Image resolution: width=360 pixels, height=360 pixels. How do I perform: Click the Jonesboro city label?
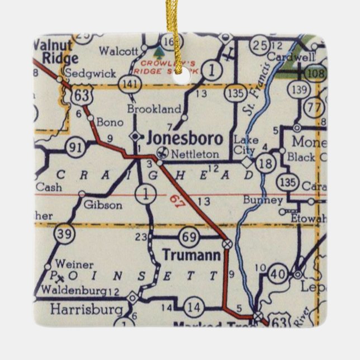184,138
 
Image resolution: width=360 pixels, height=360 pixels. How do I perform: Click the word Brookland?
154,109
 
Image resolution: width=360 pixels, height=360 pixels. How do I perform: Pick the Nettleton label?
187,152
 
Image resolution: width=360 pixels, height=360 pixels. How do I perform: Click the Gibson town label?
103,205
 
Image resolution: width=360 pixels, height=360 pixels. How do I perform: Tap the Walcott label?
118,51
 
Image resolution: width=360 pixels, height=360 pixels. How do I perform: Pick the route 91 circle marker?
75,149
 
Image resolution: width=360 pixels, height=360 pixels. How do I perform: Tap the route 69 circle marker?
190,237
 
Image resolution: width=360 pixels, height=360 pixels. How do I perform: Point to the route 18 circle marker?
267,163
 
